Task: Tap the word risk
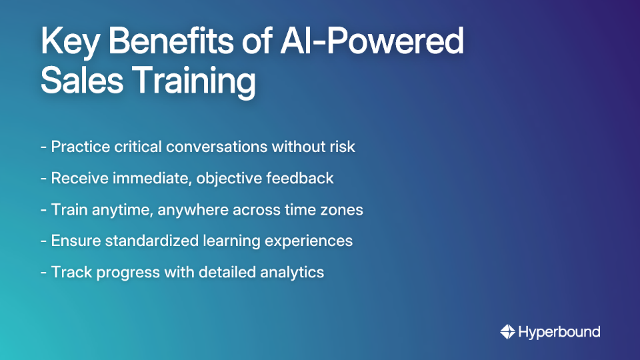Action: click(341, 147)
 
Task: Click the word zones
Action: click(343, 209)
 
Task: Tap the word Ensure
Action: click(74, 241)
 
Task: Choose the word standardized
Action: click(155, 241)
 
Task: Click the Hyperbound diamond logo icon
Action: click(507, 331)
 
